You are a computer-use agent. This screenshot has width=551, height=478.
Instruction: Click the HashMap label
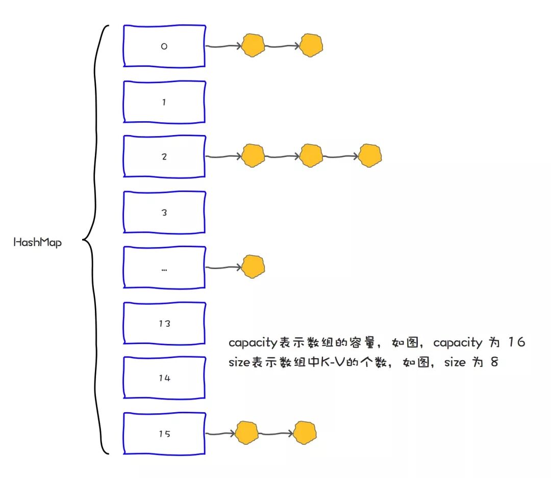37,243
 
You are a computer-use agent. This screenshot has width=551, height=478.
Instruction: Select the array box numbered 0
164,45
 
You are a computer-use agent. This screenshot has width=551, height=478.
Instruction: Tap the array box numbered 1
164,102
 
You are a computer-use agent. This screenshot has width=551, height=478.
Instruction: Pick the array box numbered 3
164,213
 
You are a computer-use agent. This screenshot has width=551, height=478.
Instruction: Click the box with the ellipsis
164,268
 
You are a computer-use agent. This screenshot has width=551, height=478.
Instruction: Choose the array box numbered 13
164,323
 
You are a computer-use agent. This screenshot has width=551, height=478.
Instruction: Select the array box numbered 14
164,378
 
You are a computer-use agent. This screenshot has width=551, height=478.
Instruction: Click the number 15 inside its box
164,434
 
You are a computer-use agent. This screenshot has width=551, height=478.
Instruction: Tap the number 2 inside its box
164,157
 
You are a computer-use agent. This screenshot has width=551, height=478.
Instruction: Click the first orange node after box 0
253,45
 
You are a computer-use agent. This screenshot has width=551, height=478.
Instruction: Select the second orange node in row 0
311,45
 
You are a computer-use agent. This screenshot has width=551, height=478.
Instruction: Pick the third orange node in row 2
369,156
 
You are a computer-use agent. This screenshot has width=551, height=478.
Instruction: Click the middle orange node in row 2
311,156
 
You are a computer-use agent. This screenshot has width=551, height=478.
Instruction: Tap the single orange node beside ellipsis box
253,267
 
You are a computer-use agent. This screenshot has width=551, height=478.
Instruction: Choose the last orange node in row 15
305,433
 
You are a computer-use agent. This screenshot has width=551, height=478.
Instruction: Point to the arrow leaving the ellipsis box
222,268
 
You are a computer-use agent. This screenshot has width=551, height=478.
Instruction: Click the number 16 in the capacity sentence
516,342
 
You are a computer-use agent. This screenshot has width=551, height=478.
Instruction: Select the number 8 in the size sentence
493,363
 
